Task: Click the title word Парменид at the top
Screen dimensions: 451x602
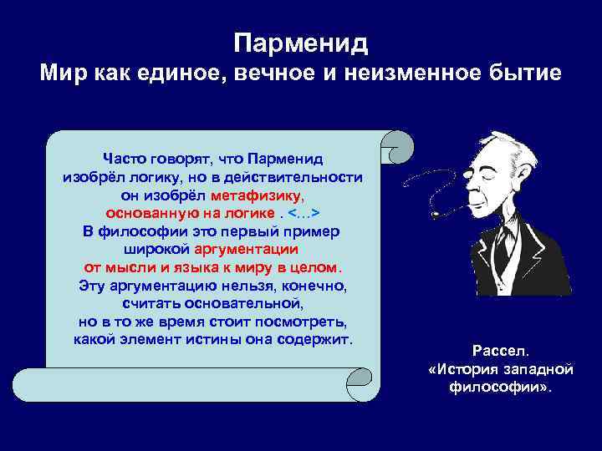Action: [x=301, y=42]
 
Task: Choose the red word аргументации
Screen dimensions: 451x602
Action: [x=247, y=249]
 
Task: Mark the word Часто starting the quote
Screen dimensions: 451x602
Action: [x=124, y=159]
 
